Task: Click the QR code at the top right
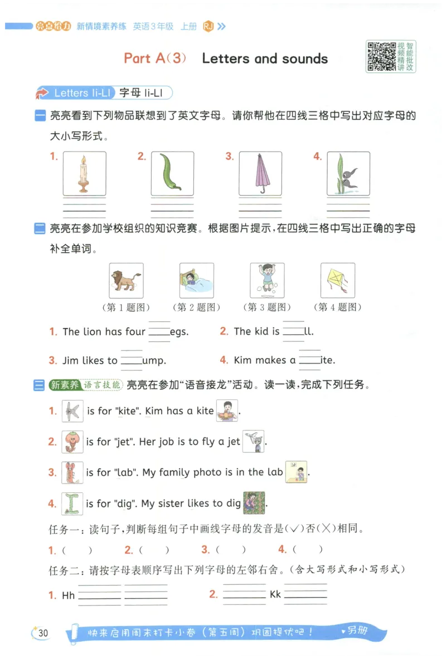[x=381, y=56]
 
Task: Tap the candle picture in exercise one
[x=84, y=173]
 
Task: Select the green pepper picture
[x=172, y=173]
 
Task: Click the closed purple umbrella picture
[x=260, y=173]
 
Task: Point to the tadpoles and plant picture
[x=348, y=173]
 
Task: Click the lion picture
[x=125, y=280]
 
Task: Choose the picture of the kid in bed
[x=196, y=280]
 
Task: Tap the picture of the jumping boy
[x=267, y=280]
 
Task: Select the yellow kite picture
[x=337, y=280]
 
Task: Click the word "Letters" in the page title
[x=225, y=58]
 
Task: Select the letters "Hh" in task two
[x=69, y=595]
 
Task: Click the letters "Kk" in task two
[x=275, y=594]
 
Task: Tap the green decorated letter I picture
[x=72, y=504]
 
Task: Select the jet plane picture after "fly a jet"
[x=254, y=441]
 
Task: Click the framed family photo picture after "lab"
[x=296, y=472]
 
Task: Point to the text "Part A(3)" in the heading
[x=155, y=58]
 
